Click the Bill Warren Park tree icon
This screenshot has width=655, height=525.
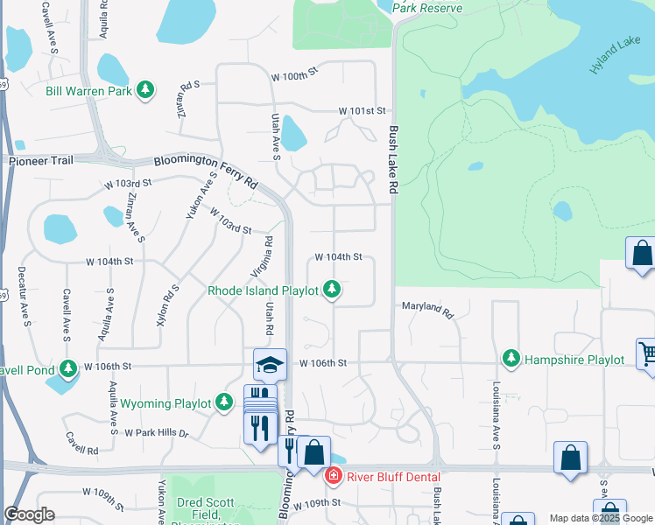tap(145, 90)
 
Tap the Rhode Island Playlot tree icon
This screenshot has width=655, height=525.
tap(331, 289)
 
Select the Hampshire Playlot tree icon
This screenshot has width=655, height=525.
tap(511, 359)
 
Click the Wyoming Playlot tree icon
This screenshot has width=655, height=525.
tap(225, 402)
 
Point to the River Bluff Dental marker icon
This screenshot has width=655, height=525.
tap(332, 475)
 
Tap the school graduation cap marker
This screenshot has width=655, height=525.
tap(270, 365)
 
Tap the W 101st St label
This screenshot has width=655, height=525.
tap(363, 111)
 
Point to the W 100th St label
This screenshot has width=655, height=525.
tap(292, 76)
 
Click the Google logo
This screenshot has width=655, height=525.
tap(30, 514)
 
